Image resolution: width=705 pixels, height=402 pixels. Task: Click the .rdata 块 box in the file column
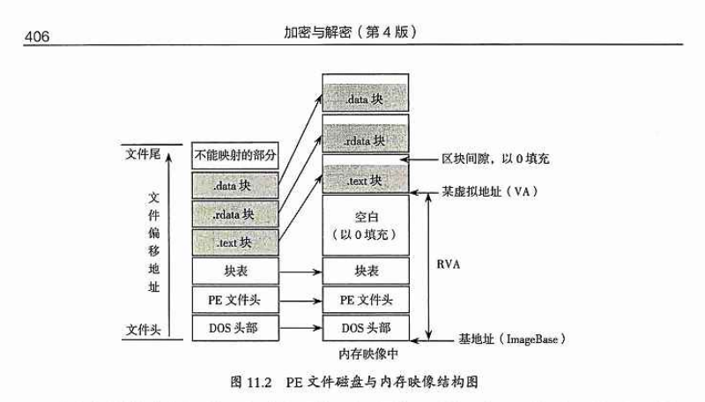[234, 212]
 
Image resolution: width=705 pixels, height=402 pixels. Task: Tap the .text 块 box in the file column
[234, 241]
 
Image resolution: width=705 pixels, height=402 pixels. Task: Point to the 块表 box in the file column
[234, 270]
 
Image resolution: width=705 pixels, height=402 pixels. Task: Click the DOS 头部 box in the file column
[234, 328]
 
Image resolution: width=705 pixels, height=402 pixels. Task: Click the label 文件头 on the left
[140, 331]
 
